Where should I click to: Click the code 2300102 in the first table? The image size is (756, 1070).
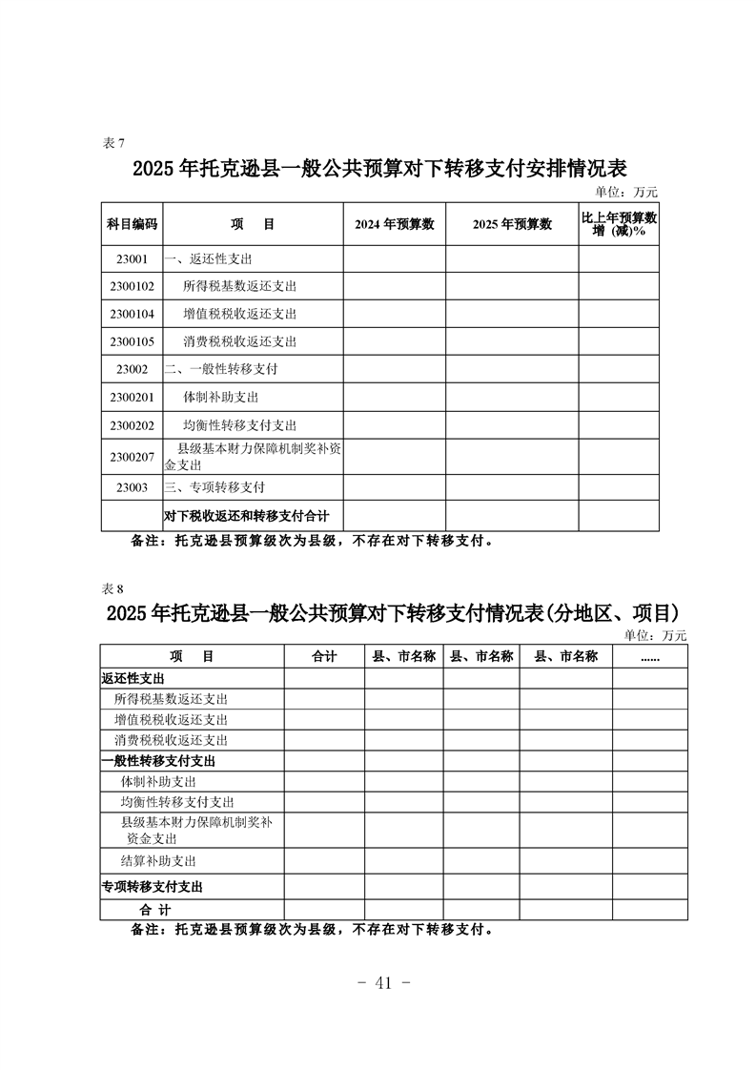pyautogui.click(x=132, y=286)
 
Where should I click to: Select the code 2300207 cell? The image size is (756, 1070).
pyautogui.click(x=132, y=457)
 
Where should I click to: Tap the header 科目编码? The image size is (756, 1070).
pyautogui.click(x=132, y=224)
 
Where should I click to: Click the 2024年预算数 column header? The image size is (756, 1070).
pyautogui.click(x=394, y=224)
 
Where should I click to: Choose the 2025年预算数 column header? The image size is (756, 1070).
pyautogui.click(x=512, y=224)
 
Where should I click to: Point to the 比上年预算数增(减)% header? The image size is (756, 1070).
pyautogui.click(x=619, y=224)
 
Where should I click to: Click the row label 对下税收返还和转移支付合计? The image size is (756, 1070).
pyautogui.click(x=246, y=516)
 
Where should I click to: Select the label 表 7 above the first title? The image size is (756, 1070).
pyautogui.click(x=112, y=143)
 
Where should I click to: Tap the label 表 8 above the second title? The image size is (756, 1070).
pyautogui.click(x=112, y=587)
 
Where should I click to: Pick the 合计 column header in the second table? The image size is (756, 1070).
pyautogui.click(x=324, y=656)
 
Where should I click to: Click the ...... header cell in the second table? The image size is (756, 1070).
pyautogui.click(x=650, y=656)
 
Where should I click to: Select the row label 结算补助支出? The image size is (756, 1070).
pyautogui.click(x=158, y=861)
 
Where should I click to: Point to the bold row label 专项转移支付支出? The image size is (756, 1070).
pyautogui.click(x=153, y=887)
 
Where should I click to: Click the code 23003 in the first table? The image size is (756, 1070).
pyautogui.click(x=132, y=487)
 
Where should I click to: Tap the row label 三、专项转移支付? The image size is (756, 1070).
pyautogui.click(x=215, y=487)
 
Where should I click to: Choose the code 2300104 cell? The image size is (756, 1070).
pyautogui.click(x=132, y=314)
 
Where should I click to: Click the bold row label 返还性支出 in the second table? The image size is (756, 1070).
pyautogui.click(x=133, y=678)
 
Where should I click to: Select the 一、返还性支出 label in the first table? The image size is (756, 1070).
pyautogui.click(x=209, y=258)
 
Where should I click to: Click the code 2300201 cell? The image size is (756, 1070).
pyautogui.click(x=132, y=397)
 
